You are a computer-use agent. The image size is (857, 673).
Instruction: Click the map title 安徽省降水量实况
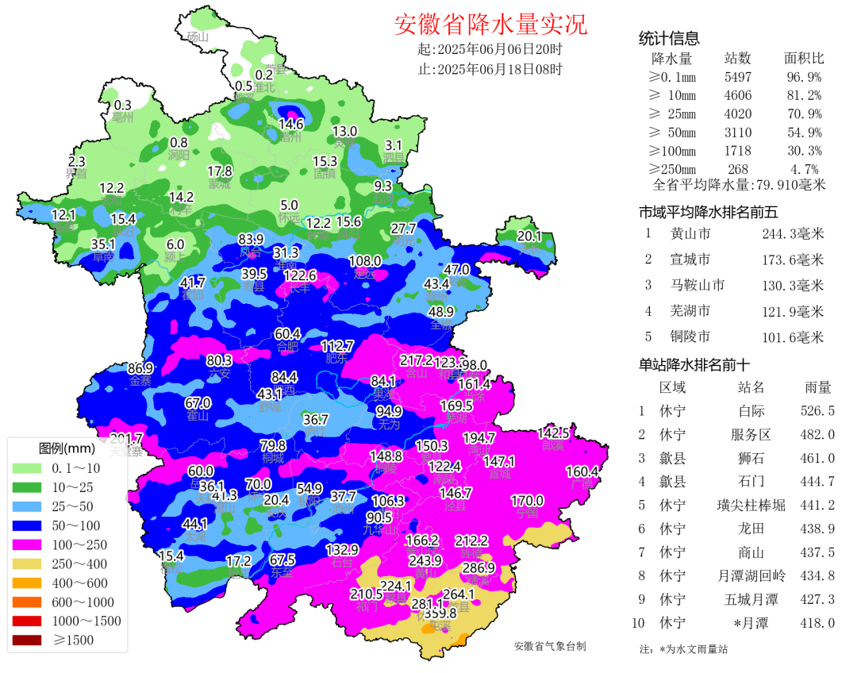pos(490,25)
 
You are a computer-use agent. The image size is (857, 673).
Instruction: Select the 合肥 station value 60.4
pos(287,333)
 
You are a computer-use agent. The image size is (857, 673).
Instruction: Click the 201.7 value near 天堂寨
pos(125,439)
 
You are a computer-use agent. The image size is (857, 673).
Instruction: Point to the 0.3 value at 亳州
pos(123,105)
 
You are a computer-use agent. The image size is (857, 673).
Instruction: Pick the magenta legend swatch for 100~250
pos(29,544)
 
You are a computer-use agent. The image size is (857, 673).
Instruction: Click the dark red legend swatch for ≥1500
pos(29,640)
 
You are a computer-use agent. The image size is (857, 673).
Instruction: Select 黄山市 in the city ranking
pos(690,233)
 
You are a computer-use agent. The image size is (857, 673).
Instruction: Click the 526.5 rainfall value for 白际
pos(818,411)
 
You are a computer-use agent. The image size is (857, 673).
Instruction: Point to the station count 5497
pos(737,77)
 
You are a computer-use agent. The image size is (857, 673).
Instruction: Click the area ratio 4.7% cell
pos(805,169)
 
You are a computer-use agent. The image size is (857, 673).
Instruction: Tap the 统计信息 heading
pos(669,39)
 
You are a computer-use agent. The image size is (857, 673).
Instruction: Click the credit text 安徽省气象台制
pos(550,646)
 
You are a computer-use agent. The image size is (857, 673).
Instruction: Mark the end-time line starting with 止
pos(490,68)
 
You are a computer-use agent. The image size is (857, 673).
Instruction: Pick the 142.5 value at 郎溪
pos(553,433)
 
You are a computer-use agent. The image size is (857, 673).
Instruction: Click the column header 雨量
pos(818,387)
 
